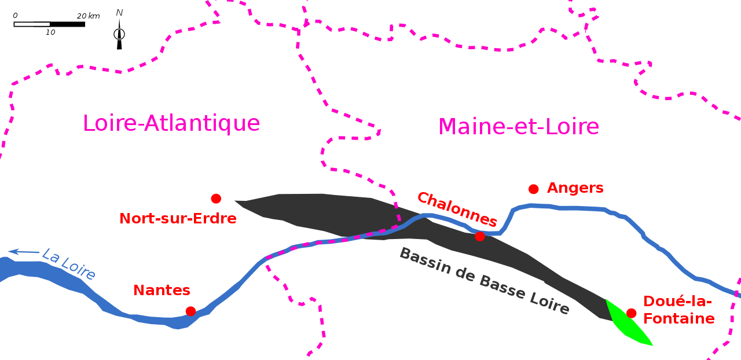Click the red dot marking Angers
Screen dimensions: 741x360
pyautogui.click(x=533, y=189)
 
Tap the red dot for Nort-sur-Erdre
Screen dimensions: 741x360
pyautogui.click(x=216, y=199)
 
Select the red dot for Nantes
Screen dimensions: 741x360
pyautogui.click(x=190, y=311)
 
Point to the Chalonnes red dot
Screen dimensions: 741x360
pyautogui.click(x=480, y=236)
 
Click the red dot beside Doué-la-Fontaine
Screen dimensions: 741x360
pyautogui.click(x=631, y=313)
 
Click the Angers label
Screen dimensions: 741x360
pyautogui.click(x=575, y=188)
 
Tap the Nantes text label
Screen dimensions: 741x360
pyautogui.click(x=162, y=291)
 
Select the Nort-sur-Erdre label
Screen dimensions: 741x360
pyautogui.click(x=178, y=219)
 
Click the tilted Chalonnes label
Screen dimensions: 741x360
pyautogui.click(x=457, y=209)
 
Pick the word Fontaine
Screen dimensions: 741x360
pyautogui.click(x=679, y=319)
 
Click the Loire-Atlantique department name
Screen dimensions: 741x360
pyautogui.click(x=171, y=123)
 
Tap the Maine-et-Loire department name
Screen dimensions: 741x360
pyautogui.click(x=518, y=127)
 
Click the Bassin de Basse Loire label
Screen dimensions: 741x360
pyautogui.click(x=485, y=281)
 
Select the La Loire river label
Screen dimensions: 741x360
pyautogui.click(x=69, y=264)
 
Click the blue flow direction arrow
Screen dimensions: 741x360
pyautogui.click(x=24, y=252)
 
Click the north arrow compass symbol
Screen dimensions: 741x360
pyautogui.click(x=119, y=34)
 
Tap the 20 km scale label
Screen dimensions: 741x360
pyautogui.click(x=89, y=16)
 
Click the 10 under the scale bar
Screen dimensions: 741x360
pyautogui.click(x=50, y=32)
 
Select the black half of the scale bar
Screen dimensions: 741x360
pyautogui.click(x=68, y=24)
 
